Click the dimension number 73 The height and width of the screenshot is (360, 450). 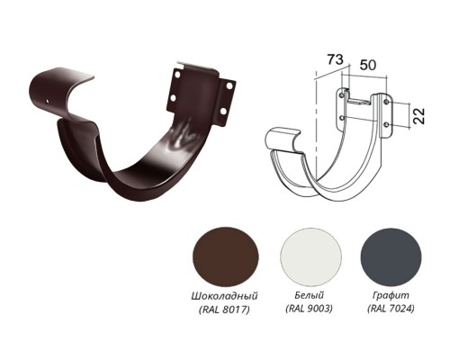[335, 59]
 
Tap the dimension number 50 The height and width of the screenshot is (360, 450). [368, 65]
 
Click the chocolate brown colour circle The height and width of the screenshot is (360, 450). [226, 257]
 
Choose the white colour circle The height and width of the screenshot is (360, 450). [310, 257]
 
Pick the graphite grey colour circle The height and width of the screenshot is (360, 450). [391, 257]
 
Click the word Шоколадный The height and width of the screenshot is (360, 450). [224, 296]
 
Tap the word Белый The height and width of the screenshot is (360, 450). [310, 295]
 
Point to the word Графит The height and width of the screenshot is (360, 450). [391, 296]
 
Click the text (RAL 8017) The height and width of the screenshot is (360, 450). [224, 310]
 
